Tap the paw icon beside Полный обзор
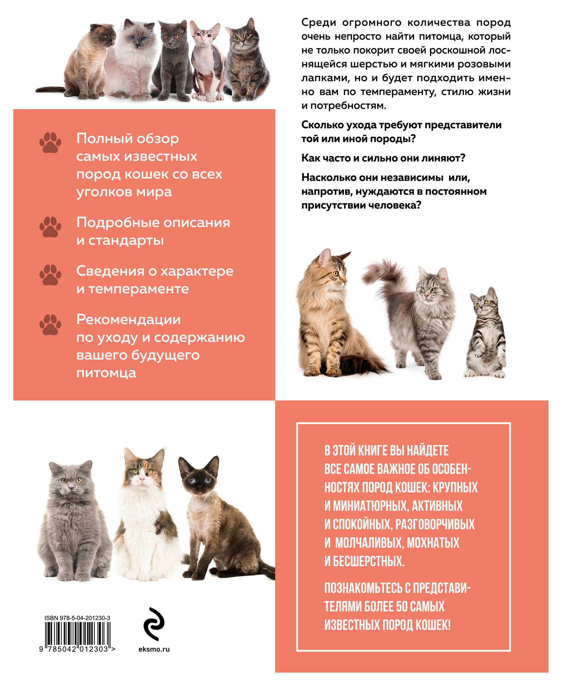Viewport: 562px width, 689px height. click(50, 142)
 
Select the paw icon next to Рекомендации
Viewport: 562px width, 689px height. click(50, 324)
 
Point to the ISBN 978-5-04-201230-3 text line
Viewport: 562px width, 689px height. click(77, 618)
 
